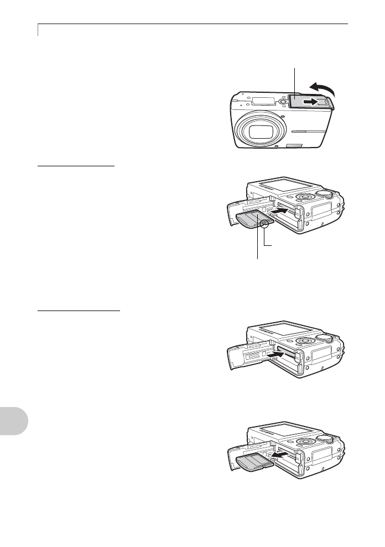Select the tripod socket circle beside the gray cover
(x=283, y=101)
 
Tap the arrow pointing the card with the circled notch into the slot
(x=276, y=211)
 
